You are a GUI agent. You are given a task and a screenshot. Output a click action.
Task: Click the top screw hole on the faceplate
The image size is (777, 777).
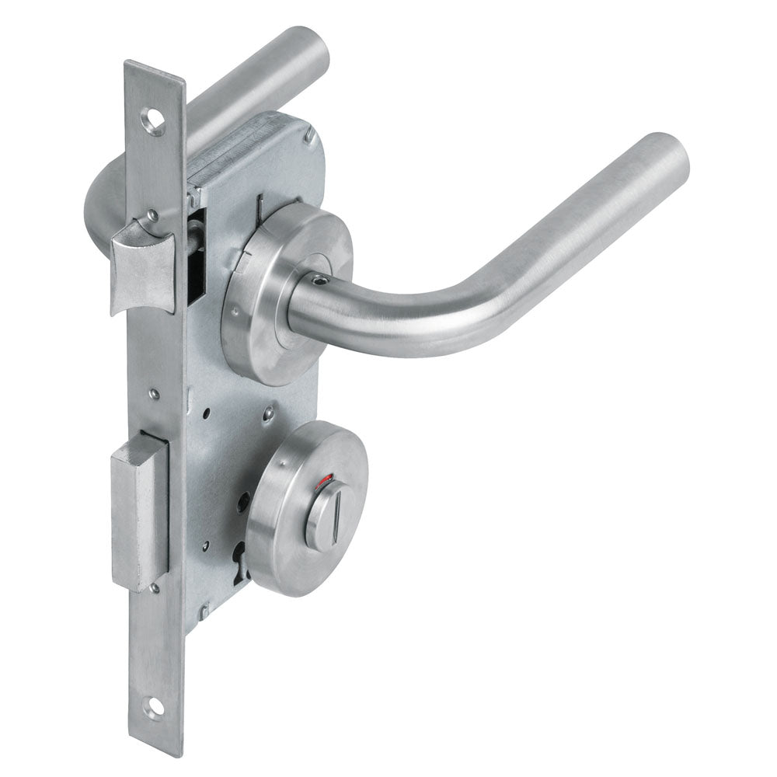point(154,121)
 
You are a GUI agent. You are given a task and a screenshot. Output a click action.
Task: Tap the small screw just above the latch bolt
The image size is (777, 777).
point(154,213)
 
